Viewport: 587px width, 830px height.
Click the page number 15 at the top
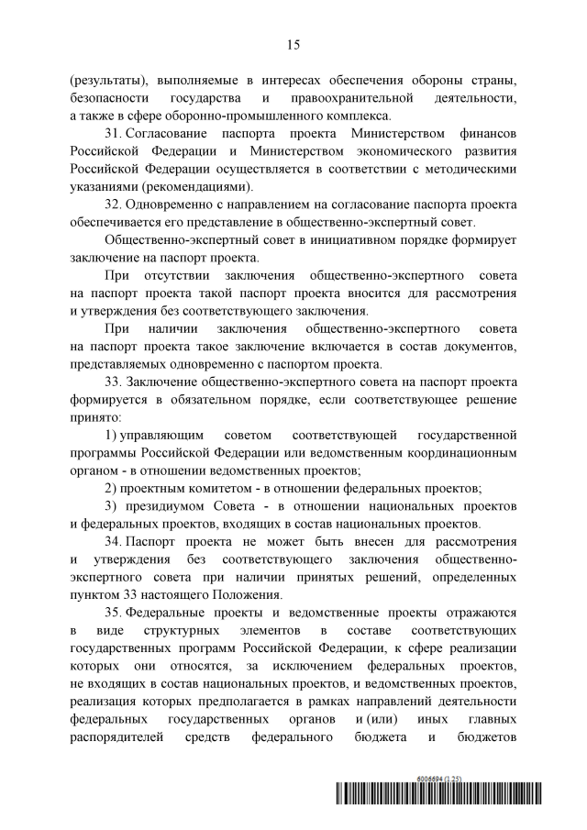coord(293,44)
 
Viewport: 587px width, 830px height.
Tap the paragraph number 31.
coord(115,134)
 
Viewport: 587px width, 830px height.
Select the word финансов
coord(484,134)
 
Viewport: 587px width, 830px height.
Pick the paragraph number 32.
coord(115,205)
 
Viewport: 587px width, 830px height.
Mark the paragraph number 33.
coord(115,381)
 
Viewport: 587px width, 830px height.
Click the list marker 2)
coord(111,487)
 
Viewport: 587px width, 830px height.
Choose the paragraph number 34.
coord(115,540)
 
